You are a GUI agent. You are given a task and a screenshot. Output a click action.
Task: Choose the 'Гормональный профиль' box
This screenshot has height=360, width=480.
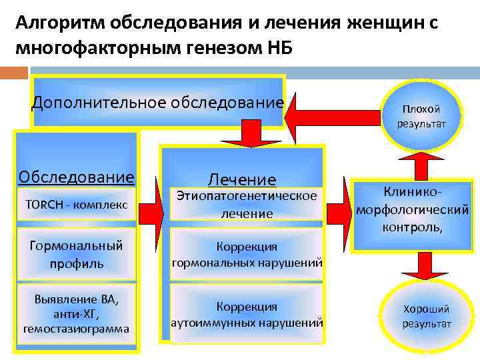pyautogui.click(x=77, y=254)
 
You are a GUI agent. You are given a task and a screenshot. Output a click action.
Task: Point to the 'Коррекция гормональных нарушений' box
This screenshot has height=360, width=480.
pyautogui.click(x=247, y=254)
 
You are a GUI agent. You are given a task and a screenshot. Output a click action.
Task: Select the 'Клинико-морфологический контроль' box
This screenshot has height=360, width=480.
pyautogui.click(x=412, y=209)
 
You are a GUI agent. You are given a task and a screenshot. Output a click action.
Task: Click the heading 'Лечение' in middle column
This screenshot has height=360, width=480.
pyautogui.click(x=242, y=179)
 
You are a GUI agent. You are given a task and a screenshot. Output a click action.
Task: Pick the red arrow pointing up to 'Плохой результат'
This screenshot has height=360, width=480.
pyautogui.click(x=421, y=163)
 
